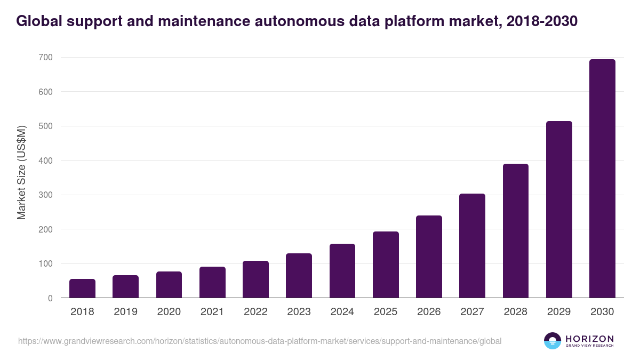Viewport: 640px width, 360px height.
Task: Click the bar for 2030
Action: [x=602, y=179]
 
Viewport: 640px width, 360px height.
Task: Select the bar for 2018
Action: [x=82, y=289]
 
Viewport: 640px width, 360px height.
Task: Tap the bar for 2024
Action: [x=342, y=271]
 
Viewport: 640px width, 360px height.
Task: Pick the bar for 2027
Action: [x=472, y=246]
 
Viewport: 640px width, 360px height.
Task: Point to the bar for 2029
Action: [x=559, y=210]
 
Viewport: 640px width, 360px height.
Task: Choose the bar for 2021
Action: [x=212, y=282]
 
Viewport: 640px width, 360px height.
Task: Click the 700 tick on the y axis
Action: [x=45, y=57]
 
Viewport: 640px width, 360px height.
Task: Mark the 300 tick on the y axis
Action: [x=45, y=195]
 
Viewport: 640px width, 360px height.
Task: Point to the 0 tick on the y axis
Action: [x=50, y=298]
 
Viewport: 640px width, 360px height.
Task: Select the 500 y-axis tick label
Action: [x=45, y=126]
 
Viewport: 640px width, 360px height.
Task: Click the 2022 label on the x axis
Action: [x=255, y=312]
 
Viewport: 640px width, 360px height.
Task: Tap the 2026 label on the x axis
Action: [x=429, y=312]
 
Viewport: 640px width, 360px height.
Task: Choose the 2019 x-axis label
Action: [x=125, y=312]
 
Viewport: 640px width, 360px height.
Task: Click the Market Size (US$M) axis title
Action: [x=21, y=173]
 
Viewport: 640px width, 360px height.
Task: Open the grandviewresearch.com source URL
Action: [x=260, y=341]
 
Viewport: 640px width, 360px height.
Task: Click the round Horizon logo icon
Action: [x=553, y=341]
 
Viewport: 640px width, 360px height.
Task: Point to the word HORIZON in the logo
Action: [x=589, y=338]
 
